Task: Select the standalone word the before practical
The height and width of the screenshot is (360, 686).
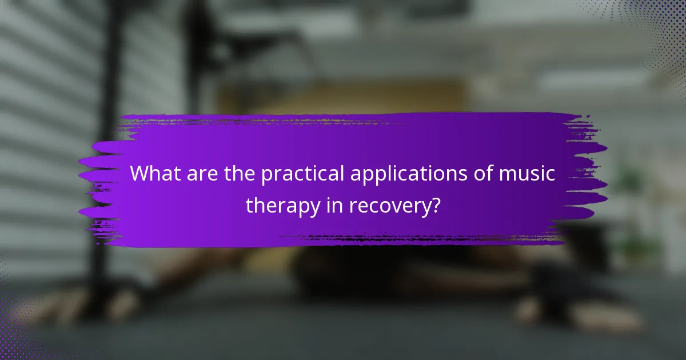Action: (x=240, y=174)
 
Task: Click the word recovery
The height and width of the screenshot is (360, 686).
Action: (x=390, y=205)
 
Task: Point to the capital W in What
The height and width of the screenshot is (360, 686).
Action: (x=139, y=174)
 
